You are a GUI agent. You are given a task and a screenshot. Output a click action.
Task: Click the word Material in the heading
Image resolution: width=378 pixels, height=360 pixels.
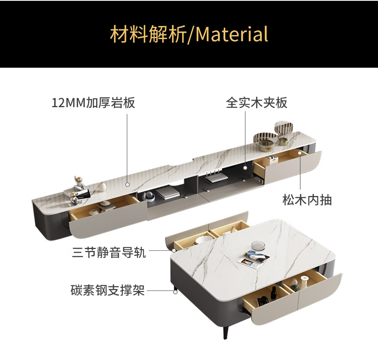coord(232,34)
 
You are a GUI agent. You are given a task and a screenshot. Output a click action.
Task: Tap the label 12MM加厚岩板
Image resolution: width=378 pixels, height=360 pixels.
coord(93,103)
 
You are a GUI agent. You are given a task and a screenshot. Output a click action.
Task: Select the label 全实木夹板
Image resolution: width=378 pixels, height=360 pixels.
coord(257,103)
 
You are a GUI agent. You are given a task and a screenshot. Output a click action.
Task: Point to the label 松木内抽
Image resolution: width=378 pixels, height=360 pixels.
coord(307,200)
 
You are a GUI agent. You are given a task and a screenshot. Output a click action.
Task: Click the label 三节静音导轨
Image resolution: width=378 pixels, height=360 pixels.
coord(109,252)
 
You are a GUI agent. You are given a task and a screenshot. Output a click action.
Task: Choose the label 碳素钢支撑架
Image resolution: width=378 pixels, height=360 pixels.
coord(108,291)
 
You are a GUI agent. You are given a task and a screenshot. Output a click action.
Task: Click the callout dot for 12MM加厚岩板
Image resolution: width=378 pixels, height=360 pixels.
coord(127,184)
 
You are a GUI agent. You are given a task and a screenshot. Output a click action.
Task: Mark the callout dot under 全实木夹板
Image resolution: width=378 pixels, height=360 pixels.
coord(245,167)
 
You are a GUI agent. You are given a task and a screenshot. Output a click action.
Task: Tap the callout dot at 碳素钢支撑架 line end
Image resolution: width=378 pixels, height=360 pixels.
coord(175,292)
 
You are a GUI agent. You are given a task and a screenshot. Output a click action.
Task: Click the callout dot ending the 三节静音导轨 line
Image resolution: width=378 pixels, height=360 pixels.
coord(174,251)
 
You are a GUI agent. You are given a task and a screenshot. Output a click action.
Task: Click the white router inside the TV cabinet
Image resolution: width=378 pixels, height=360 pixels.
coord(213,178)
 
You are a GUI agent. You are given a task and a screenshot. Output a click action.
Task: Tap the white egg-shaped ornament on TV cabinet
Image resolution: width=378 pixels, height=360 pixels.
coord(103,187)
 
